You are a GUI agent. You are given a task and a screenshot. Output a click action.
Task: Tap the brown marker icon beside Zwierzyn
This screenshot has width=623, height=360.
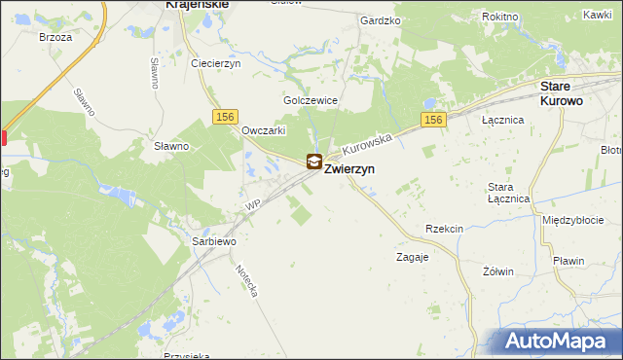tap(314, 162)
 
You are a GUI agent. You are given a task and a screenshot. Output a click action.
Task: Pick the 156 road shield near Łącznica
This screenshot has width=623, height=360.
tap(433, 120)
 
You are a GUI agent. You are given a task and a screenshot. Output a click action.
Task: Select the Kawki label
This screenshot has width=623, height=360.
tap(597, 15)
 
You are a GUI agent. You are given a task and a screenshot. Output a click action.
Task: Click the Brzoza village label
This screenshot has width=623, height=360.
tap(55, 36)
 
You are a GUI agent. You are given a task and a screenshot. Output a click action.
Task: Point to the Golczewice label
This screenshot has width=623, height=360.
tap(310, 100)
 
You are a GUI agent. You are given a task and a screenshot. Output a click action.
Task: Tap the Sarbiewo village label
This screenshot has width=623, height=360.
tap(214, 239)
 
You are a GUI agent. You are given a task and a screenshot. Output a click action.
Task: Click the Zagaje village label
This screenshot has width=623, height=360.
tap(412, 258)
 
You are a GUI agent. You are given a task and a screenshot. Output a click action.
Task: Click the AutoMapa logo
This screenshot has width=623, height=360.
tap(557, 342)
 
